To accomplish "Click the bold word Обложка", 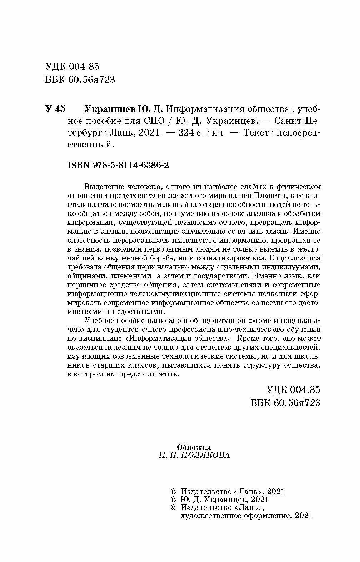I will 194,447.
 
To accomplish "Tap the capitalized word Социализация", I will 295,258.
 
